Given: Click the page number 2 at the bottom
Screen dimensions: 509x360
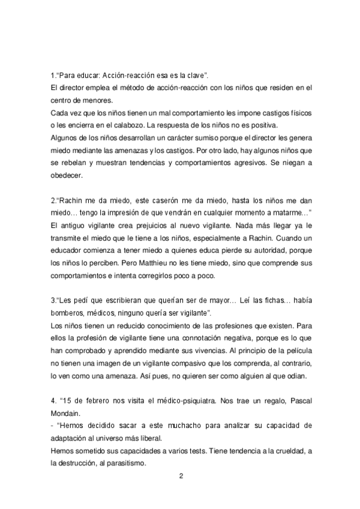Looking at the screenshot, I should pyautogui.click(x=181, y=476).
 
